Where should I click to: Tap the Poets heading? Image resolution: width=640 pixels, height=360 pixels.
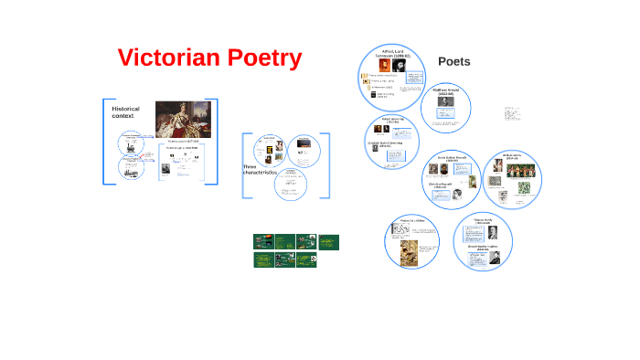(454, 62)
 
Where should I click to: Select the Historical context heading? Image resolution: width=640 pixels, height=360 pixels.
(125, 112)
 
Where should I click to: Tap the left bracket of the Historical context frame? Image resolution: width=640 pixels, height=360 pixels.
(104, 142)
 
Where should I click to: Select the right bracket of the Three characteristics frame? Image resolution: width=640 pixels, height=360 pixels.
(328, 165)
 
